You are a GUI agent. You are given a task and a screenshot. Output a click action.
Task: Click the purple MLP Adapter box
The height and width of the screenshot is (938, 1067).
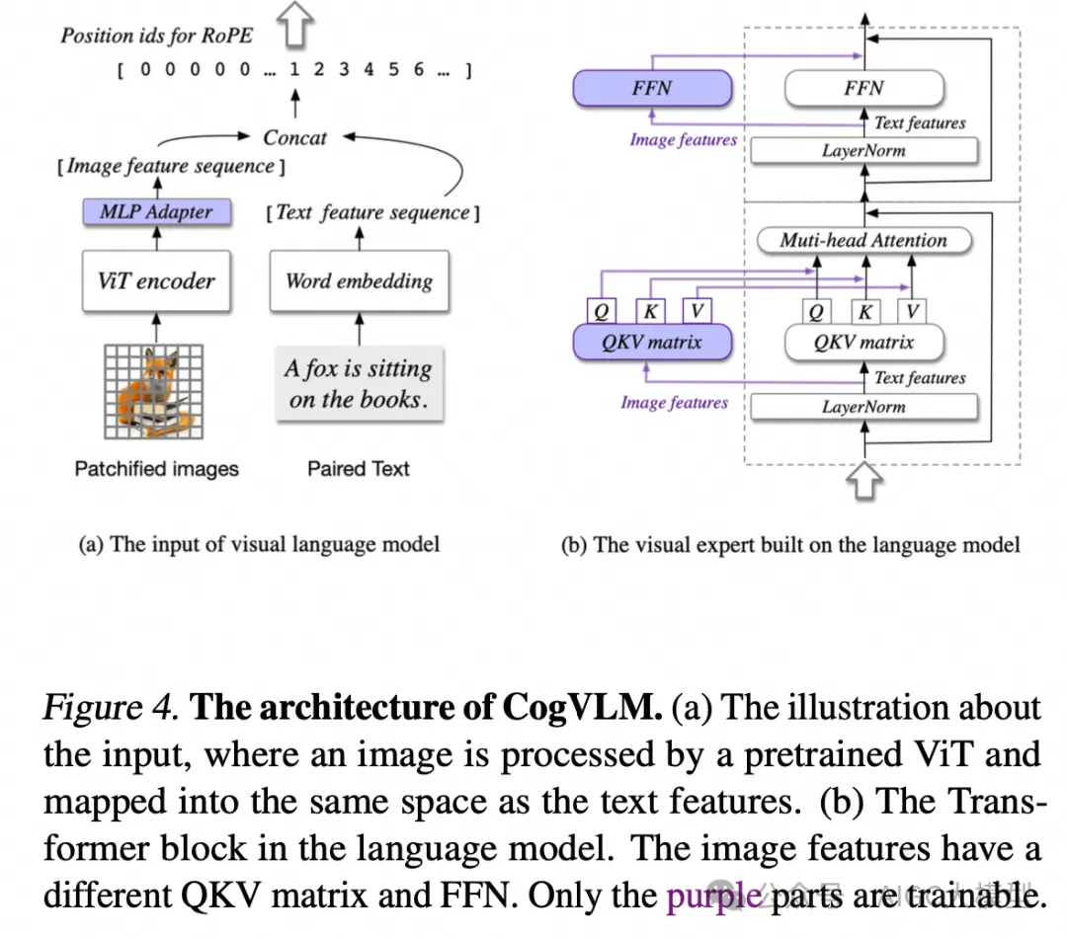click(x=156, y=211)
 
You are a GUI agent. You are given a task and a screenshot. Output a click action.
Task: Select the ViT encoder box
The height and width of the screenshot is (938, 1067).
click(x=156, y=280)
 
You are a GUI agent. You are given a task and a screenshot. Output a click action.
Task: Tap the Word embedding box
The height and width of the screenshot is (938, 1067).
click(x=359, y=280)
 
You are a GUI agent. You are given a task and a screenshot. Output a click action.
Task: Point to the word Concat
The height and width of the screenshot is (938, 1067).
click(x=294, y=138)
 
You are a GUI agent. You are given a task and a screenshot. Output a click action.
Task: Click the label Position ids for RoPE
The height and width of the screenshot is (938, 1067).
click(x=156, y=36)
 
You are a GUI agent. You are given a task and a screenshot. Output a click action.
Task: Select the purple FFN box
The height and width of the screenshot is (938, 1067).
click(x=652, y=89)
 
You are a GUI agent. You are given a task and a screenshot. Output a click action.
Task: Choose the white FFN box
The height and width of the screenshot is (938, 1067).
click(x=863, y=89)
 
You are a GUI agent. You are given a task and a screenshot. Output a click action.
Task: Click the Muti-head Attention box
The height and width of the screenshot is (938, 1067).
click(x=863, y=240)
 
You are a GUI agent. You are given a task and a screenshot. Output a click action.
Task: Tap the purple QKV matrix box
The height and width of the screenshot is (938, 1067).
click(x=652, y=343)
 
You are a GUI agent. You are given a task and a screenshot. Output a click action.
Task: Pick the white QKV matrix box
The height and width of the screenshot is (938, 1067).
click(x=863, y=343)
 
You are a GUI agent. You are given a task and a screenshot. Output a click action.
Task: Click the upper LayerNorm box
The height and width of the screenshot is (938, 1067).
click(x=863, y=151)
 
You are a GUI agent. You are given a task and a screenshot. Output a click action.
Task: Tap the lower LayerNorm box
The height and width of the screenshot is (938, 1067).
click(x=863, y=406)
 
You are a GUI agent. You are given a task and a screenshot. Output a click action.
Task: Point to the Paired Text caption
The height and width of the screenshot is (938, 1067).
click(x=358, y=469)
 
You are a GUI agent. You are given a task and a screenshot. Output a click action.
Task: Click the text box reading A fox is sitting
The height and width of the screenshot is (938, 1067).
click(x=358, y=384)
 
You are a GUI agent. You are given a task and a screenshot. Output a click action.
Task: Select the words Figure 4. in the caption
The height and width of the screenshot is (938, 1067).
click(x=111, y=708)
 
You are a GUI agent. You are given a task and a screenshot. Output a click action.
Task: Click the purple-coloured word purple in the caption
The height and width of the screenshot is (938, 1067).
click(x=713, y=895)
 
